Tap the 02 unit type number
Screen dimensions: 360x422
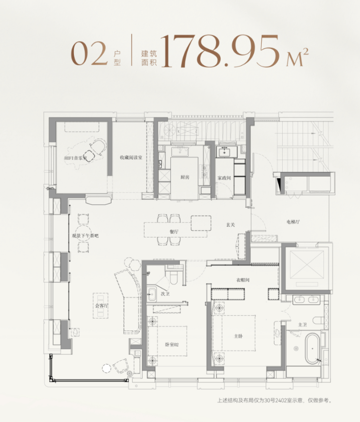89,54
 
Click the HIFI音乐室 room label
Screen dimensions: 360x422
75,158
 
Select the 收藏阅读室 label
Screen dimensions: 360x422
131,157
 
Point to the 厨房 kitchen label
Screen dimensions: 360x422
185,177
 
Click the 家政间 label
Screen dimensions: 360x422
224,178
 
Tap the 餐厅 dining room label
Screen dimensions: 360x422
174,232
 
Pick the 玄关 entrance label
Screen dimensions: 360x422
231,225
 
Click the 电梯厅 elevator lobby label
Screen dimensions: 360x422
293,222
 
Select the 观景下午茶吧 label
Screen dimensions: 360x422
85,236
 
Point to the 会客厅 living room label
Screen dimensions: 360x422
102,306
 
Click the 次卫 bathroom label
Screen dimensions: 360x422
165,294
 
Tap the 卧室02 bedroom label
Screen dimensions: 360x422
172,345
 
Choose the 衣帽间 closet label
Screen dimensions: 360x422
243,280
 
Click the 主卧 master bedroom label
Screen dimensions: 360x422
238,336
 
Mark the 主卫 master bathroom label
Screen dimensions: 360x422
303,325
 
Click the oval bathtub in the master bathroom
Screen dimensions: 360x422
312,349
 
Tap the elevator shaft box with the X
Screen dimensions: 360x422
307,265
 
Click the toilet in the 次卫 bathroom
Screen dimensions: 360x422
174,278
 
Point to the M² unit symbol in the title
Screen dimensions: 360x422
297,57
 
